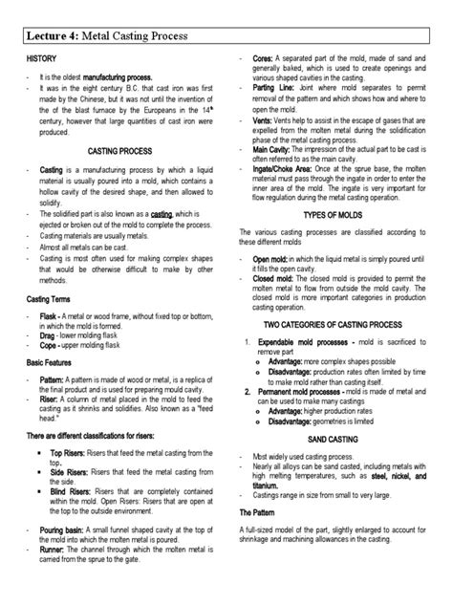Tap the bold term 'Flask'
52,315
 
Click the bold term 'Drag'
51,338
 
